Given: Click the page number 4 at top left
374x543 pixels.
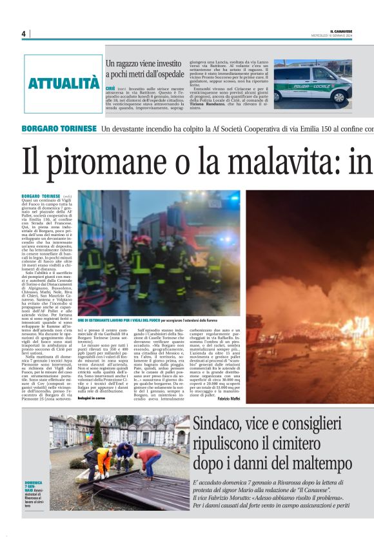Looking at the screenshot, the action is pos(23,34).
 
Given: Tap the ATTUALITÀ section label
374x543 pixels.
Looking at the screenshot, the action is pos(63,83).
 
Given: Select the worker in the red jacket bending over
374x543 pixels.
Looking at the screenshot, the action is pos(150,459).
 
